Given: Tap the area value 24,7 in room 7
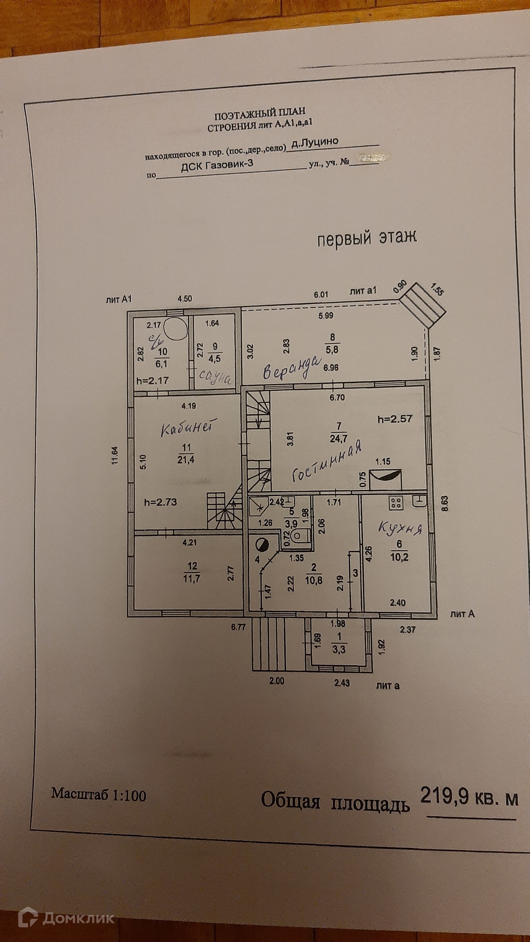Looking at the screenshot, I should [x=338, y=438].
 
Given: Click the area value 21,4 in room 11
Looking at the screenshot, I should [x=186, y=460].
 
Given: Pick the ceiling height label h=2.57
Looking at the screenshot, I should [x=395, y=419].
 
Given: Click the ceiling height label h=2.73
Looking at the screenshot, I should [x=161, y=502].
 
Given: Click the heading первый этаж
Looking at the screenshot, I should [x=367, y=238].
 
